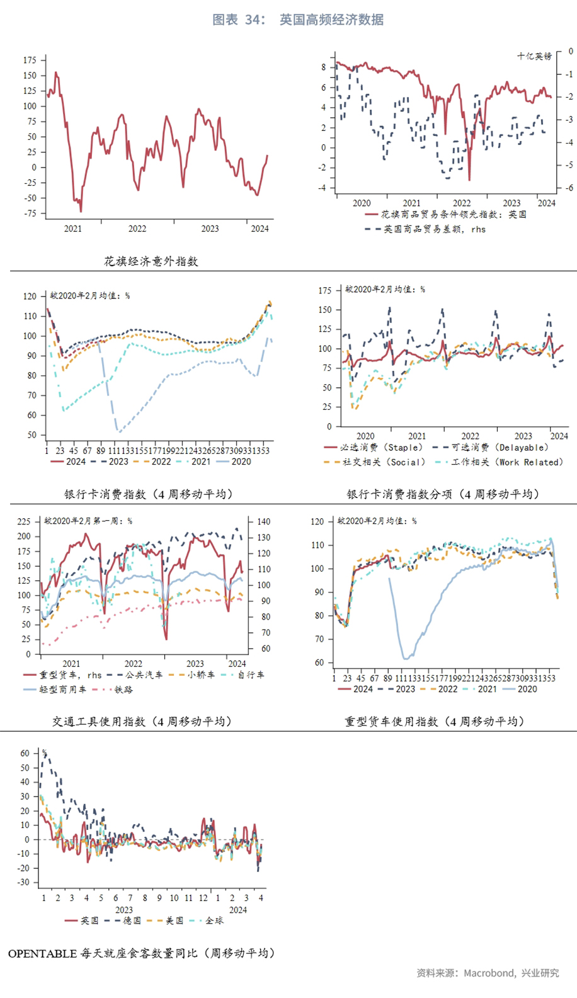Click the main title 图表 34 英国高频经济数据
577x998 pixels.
[x=298, y=20]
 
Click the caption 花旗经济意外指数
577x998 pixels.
[x=151, y=261]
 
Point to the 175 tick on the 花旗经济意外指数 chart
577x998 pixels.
[x=30, y=60]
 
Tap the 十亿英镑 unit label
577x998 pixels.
[x=534, y=56]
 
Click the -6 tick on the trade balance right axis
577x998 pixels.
[x=569, y=188]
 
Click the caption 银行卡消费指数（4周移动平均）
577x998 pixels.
[x=149, y=494]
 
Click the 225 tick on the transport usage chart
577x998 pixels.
[x=24, y=521]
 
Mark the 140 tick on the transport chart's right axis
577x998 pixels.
[x=263, y=521]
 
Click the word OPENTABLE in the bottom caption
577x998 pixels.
[x=42, y=953]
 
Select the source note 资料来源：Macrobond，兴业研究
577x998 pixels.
[x=488, y=973]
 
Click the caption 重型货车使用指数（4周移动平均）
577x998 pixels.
[x=435, y=722]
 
